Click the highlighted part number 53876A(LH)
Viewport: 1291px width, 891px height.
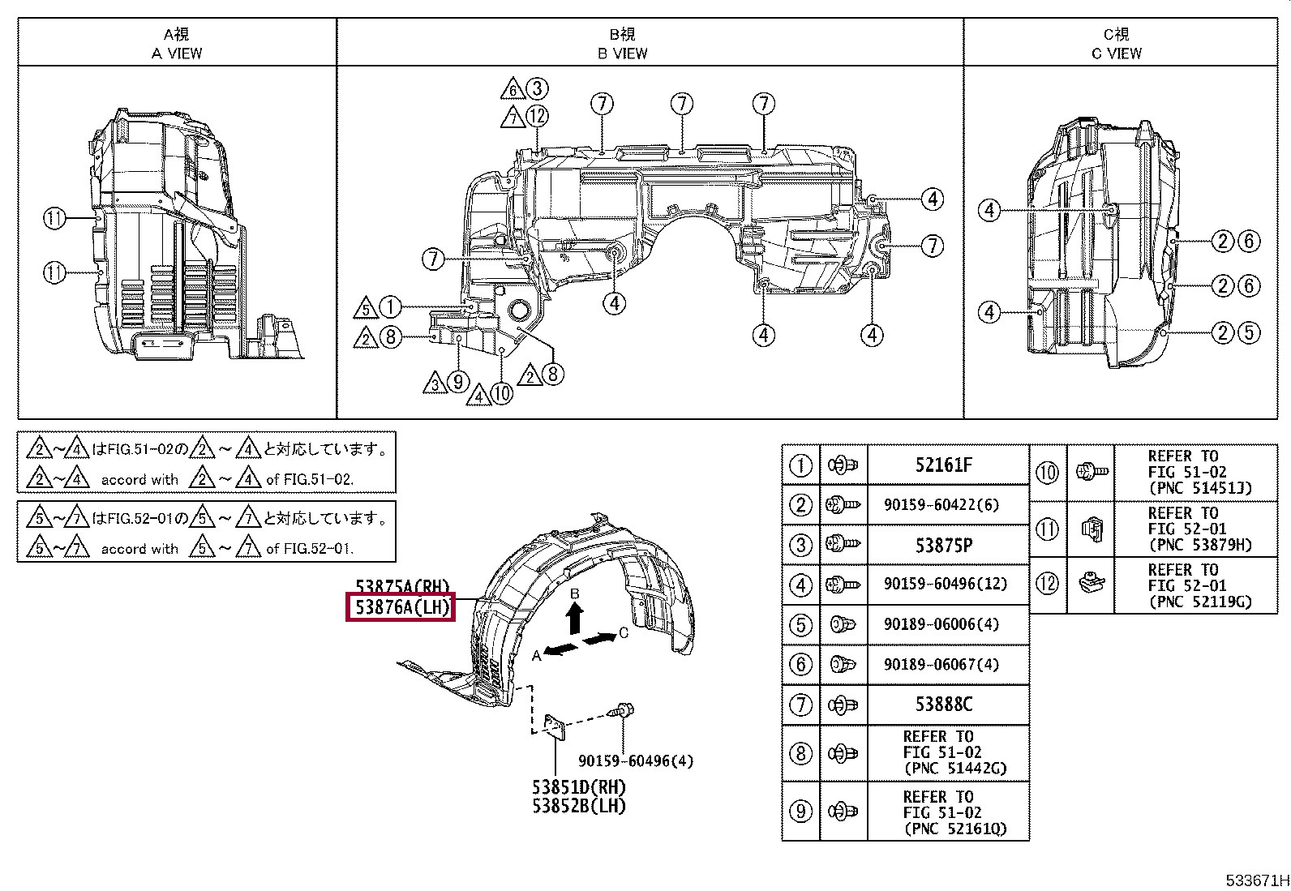pyautogui.click(x=400, y=607)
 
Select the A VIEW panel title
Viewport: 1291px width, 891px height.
pyautogui.click(x=177, y=54)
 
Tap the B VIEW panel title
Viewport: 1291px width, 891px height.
pyautogui.click(x=623, y=54)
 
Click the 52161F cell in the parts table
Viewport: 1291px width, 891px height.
pyautogui.click(x=943, y=465)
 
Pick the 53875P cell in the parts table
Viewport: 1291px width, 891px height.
pyautogui.click(x=943, y=545)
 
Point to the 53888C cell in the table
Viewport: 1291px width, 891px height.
pyautogui.click(x=943, y=704)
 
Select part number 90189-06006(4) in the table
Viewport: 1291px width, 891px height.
pyautogui.click(x=941, y=624)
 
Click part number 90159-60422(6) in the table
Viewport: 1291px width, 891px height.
pyautogui.click(x=941, y=505)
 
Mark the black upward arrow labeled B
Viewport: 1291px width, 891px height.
pyautogui.click(x=574, y=619)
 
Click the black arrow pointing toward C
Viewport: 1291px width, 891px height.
pyautogui.click(x=598, y=640)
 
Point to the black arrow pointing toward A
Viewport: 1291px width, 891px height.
pyautogui.click(x=561, y=649)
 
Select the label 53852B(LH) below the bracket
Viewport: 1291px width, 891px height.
pyautogui.click(x=579, y=806)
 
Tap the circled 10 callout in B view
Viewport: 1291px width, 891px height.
pyautogui.click(x=502, y=394)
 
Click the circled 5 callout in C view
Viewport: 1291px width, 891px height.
pyautogui.click(x=1249, y=332)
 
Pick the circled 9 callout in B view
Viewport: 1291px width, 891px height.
pyautogui.click(x=458, y=381)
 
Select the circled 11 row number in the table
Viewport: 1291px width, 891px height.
pyautogui.click(x=1048, y=529)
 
